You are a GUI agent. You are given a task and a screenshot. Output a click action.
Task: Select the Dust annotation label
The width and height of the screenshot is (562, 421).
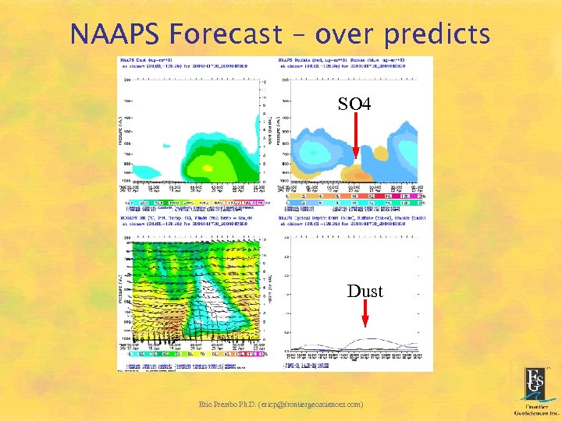[x=365, y=291]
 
